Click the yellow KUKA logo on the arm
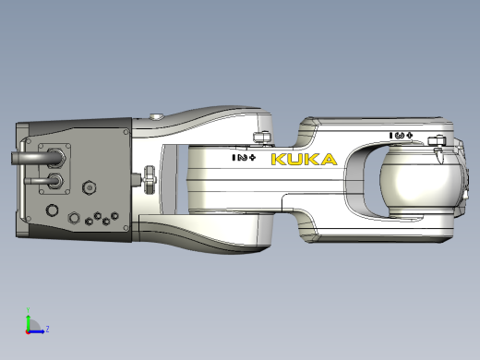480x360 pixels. click(x=303, y=160)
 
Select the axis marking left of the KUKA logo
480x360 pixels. click(x=244, y=158)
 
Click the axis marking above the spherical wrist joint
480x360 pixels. click(x=402, y=136)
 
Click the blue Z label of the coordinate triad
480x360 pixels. click(x=47, y=328)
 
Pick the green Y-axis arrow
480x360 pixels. click(x=29, y=320)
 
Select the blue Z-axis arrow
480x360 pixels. click(x=37, y=328)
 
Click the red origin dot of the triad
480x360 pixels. click(x=29, y=329)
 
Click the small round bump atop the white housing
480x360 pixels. click(x=158, y=116)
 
